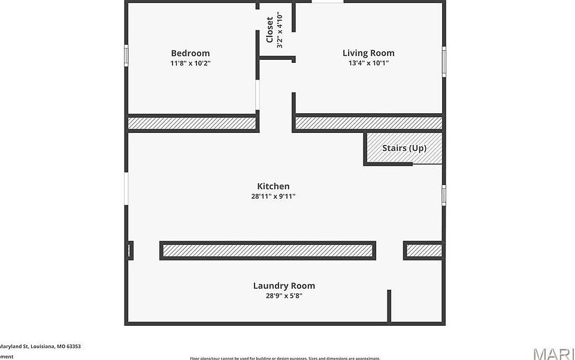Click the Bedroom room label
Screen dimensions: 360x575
pos(190,53)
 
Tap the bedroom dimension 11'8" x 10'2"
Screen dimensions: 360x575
pos(190,63)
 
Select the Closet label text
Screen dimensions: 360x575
pos(270,29)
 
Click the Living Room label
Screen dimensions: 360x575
pos(368,53)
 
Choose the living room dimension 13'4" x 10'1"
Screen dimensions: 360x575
pos(368,63)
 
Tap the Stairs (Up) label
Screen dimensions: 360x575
pos(404,148)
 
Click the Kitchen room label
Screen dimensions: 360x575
pos(273,186)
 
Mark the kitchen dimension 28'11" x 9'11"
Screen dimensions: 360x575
pos(273,196)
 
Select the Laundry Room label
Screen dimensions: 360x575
pos(284,286)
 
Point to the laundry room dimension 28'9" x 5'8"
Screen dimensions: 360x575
pos(284,295)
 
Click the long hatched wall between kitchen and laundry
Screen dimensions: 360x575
pos(268,250)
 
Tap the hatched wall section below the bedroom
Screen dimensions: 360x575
pos(192,123)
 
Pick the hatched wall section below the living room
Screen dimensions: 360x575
pos(369,123)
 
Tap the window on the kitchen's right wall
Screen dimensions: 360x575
pos(444,195)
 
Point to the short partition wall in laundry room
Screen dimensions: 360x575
pos(389,305)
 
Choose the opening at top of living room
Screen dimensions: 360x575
pos(328,2)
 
